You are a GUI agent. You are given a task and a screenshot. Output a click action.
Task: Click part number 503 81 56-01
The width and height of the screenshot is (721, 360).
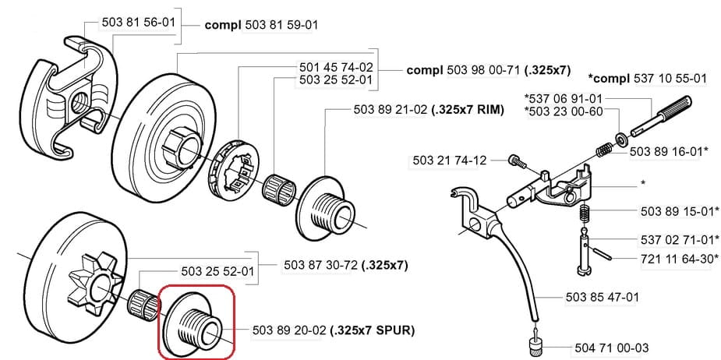(139, 24)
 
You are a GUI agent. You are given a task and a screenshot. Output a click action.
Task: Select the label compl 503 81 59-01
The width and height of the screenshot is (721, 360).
(261, 25)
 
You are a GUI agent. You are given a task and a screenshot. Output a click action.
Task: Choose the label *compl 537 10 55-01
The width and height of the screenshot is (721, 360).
(648, 79)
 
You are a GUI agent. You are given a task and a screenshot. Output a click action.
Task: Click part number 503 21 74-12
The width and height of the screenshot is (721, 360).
(449, 161)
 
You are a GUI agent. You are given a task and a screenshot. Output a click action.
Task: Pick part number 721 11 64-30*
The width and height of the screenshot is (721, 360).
(679, 258)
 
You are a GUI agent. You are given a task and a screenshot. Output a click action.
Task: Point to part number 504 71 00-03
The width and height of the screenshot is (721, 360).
(611, 348)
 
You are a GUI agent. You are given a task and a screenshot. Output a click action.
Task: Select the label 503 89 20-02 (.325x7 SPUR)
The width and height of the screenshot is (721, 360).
(334, 330)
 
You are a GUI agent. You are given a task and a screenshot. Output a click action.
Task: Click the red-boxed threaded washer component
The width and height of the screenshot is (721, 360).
(194, 322)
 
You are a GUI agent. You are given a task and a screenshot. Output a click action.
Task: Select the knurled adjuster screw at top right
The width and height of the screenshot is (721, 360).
(663, 113)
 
